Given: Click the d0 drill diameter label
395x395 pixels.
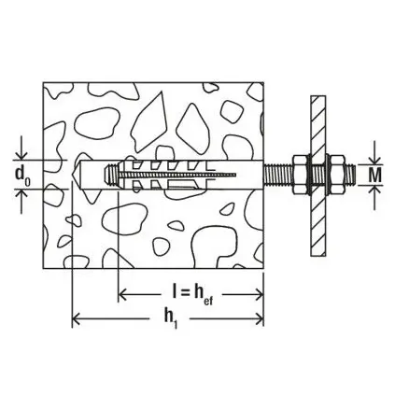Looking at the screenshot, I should tap(20, 175).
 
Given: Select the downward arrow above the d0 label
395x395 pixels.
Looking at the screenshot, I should tap(20, 152).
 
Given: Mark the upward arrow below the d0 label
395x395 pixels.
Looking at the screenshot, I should tap(20, 197).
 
